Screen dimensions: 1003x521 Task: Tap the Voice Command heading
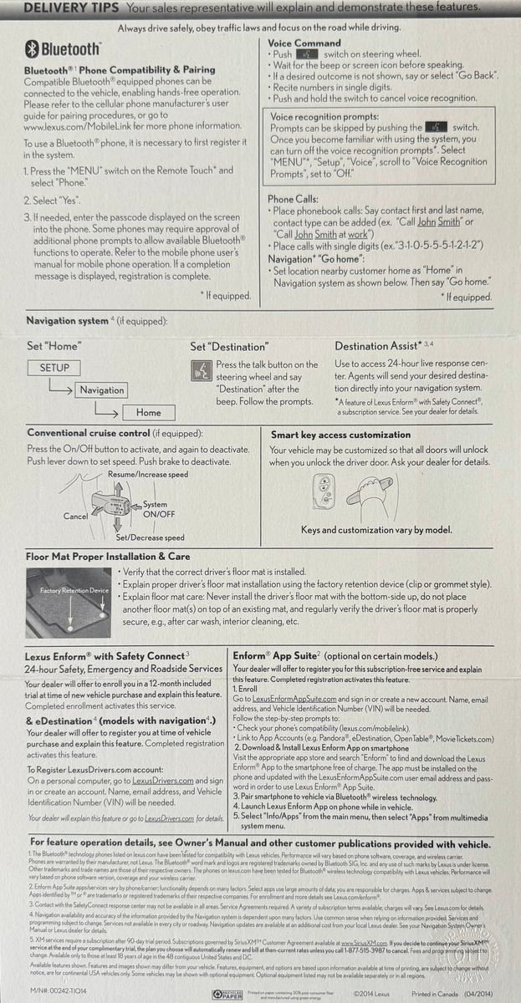click(304, 43)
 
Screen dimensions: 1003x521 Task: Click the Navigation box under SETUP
click(101, 390)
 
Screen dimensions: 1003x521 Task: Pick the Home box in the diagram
click(148, 412)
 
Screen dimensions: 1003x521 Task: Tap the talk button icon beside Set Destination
click(201, 372)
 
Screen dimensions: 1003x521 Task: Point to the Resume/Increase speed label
click(148, 475)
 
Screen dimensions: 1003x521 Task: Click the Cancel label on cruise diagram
click(75, 517)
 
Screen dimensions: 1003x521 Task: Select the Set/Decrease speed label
click(150, 537)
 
